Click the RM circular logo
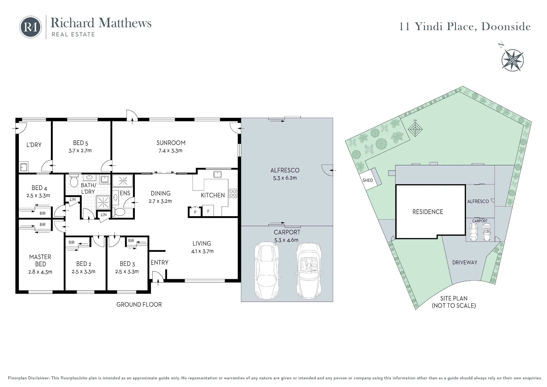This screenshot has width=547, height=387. pos(30,27)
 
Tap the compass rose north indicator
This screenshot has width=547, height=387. pos(512,60)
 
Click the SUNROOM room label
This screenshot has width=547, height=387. pos(171,143)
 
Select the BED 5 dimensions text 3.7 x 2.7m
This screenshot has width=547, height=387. pos(80,151)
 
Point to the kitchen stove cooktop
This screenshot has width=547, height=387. pos(233,193)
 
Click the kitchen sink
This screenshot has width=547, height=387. pos(217,174)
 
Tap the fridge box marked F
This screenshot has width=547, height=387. pos(208,211)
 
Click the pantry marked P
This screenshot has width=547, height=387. pos(195,212)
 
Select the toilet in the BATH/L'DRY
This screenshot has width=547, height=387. pos(74,180)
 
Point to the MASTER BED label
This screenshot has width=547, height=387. pos(40,261)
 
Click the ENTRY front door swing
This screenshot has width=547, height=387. pos(158,277)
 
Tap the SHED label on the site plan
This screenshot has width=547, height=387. pos(368,180)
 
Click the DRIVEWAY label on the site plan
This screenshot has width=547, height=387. pos(465,262)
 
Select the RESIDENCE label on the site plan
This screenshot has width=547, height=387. pos(427,212)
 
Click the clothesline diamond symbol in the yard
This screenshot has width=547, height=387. pos(415,129)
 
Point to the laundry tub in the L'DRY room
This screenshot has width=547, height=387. pos(24,167)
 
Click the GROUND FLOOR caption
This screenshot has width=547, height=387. pos(139,305)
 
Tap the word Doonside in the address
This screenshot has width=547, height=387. pos(506,27)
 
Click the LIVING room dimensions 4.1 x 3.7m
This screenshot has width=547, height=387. pos(202,251)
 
